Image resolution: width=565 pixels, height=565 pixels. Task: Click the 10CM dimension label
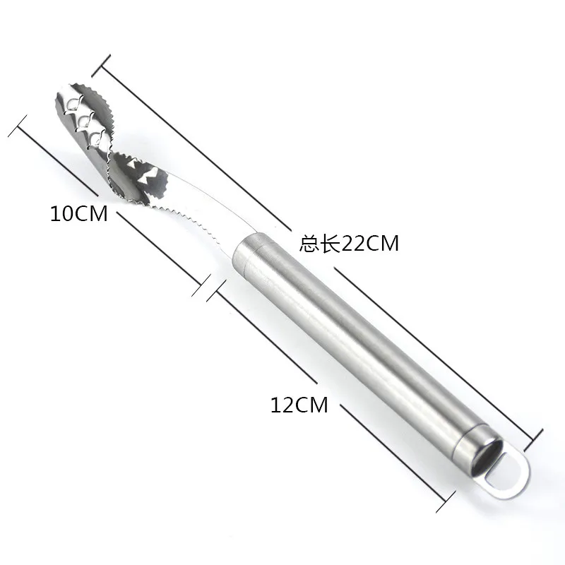(x=79, y=213)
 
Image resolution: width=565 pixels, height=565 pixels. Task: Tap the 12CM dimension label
(x=299, y=405)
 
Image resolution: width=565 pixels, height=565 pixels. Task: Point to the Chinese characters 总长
(x=320, y=244)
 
